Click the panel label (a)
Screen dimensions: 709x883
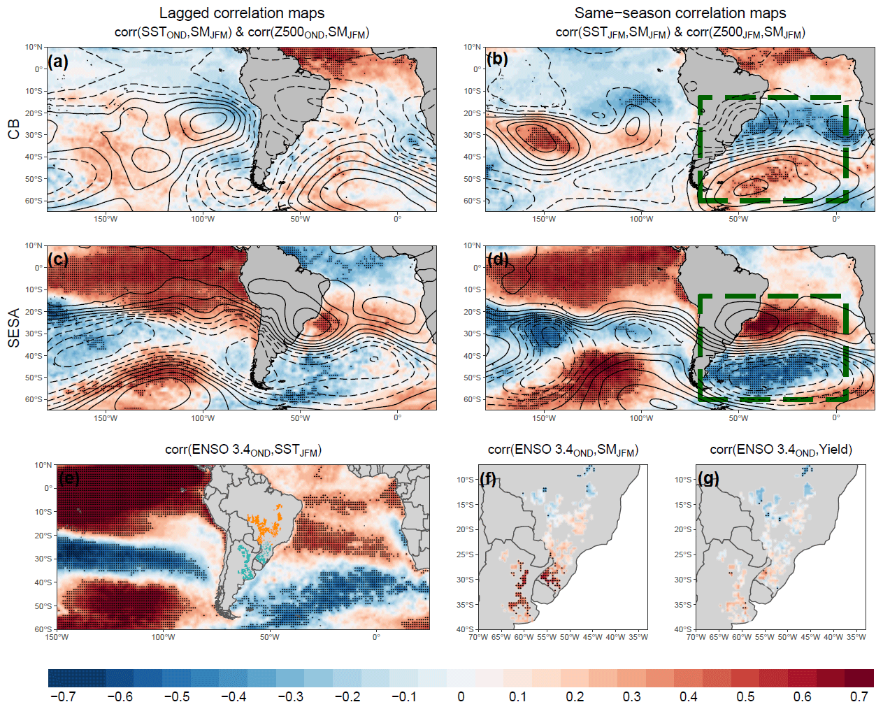(x=58, y=61)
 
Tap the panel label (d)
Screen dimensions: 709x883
(x=497, y=259)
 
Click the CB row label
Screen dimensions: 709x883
(x=14, y=129)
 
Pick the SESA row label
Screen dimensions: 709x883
(x=14, y=328)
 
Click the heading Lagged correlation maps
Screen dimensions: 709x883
(x=242, y=13)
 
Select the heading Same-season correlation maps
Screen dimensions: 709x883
(x=680, y=13)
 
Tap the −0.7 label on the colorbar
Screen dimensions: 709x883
(x=63, y=697)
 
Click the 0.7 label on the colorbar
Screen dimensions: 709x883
(x=859, y=697)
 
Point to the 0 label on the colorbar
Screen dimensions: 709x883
(x=461, y=697)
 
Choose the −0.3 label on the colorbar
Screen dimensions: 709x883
(x=291, y=697)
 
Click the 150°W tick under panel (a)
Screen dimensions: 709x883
(x=106, y=219)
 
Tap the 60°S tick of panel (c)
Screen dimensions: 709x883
(x=34, y=399)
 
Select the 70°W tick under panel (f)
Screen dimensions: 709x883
(x=478, y=637)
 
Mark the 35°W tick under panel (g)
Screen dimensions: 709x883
(x=856, y=637)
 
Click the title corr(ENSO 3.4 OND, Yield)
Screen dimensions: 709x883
(x=781, y=450)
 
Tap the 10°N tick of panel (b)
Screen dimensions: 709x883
(x=472, y=47)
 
